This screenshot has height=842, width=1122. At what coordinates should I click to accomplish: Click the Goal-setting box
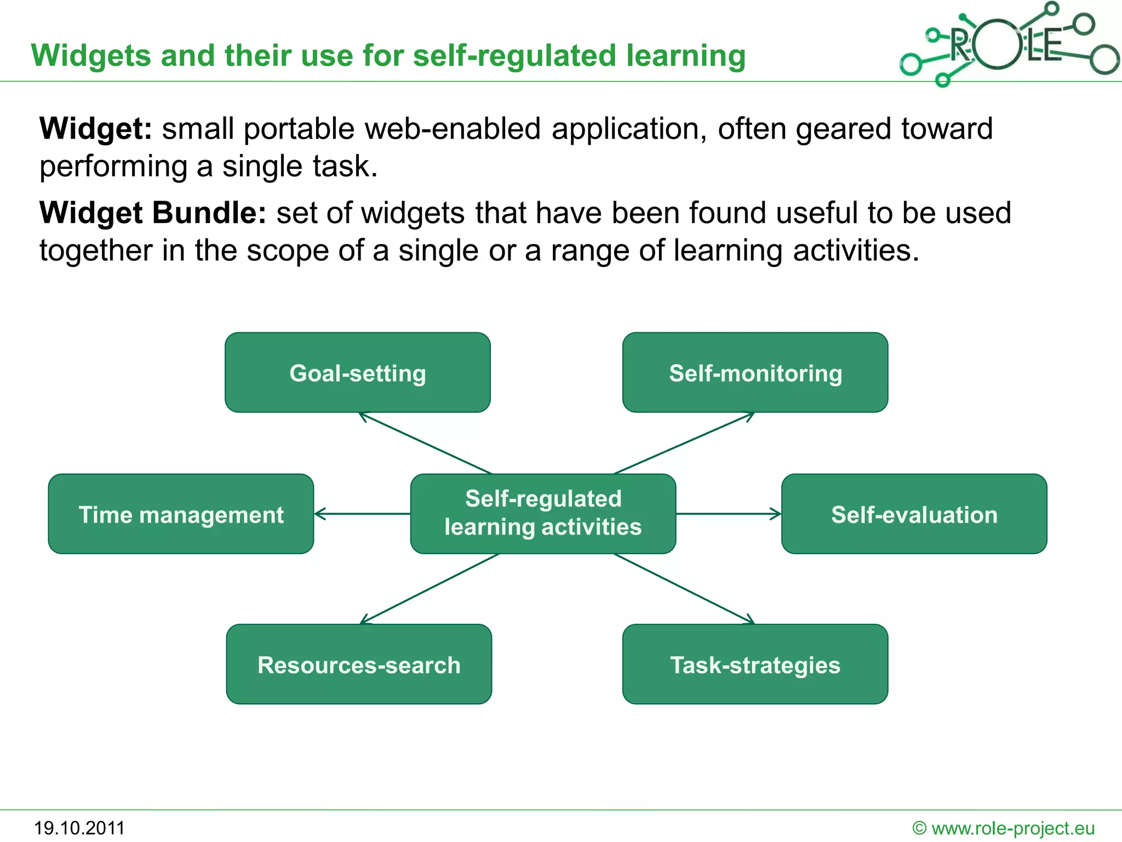[357, 372]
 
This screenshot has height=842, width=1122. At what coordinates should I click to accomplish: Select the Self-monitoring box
[755, 372]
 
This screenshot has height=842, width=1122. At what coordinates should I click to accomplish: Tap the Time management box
[181, 514]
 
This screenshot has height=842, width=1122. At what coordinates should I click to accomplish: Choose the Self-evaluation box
[914, 514]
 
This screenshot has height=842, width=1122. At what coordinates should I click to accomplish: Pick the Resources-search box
[359, 664]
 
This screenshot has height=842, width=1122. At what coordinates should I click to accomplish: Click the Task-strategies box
[755, 664]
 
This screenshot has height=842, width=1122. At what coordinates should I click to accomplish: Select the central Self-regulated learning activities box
[543, 513]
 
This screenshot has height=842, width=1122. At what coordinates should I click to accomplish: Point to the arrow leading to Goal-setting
[425, 443]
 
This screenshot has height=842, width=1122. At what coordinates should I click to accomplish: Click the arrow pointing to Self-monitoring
[684, 443]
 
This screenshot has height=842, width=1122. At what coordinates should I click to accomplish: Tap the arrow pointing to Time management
[362, 514]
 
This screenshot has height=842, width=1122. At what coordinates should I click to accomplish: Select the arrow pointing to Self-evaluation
[729, 514]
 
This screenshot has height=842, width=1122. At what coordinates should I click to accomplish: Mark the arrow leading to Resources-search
[430, 589]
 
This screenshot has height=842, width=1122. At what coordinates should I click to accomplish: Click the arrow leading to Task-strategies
[684, 589]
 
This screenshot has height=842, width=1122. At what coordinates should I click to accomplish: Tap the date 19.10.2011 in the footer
[79, 828]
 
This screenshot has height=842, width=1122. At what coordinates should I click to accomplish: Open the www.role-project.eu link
[1013, 828]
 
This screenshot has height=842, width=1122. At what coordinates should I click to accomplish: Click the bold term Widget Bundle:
[153, 213]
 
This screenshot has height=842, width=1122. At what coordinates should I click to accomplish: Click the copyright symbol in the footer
[919, 828]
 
